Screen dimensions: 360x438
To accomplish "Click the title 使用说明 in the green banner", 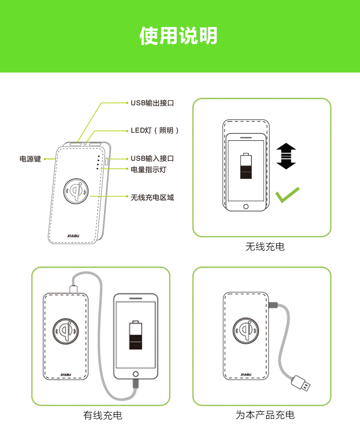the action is click(x=178, y=36).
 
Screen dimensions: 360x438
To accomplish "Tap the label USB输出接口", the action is click(x=153, y=103).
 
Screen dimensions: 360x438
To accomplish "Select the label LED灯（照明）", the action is click(x=154, y=130).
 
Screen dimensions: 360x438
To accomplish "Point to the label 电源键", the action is click(x=30, y=159).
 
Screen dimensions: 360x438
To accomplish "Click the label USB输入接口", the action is click(x=153, y=158).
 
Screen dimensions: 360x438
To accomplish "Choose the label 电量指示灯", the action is click(x=148, y=170).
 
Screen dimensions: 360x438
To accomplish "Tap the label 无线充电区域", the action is click(x=153, y=198).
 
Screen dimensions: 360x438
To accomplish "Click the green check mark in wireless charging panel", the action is click(x=287, y=195).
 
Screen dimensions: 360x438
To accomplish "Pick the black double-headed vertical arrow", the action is click(x=286, y=156).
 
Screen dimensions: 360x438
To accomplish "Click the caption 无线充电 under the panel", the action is click(x=265, y=246).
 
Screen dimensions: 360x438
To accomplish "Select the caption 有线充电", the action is click(x=103, y=415).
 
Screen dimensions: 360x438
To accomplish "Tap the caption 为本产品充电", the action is click(x=265, y=415).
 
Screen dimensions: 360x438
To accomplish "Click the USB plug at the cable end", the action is click(x=301, y=383).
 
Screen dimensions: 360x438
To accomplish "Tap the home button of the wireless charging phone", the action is click(x=246, y=206).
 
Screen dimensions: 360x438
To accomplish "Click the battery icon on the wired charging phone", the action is click(x=135, y=335).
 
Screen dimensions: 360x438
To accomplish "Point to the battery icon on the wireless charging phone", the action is click(x=246, y=166).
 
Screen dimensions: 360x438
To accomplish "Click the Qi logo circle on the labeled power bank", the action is click(x=76, y=192).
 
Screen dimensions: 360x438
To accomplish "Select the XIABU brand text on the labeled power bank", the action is click(x=73, y=236).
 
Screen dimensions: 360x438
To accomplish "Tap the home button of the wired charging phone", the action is click(x=135, y=374).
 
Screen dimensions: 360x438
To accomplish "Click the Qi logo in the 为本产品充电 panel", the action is click(x=246, y=330).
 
